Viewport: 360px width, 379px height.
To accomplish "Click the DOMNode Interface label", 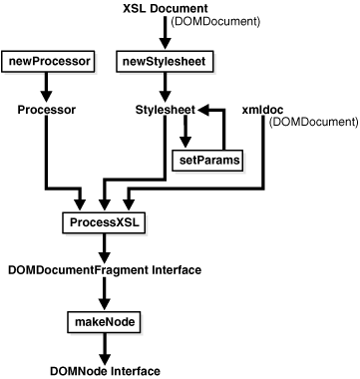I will [105, 370].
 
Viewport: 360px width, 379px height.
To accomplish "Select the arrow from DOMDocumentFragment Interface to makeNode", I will [105, 294].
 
